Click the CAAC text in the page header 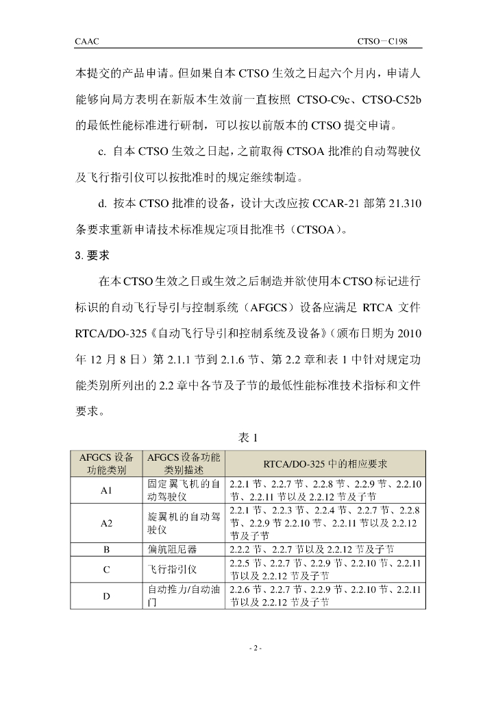(x=87, y=42)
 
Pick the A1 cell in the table (x=106, y=491)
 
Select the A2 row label (x=106, y=523)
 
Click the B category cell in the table (x=106, y=549)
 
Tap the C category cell (x=106, y=569)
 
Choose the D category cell (x=106, y=595)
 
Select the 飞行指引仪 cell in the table (x=173, y=569)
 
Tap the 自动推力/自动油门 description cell (x=184, y=595)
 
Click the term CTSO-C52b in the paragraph (x=391, y=101)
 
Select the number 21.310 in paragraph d (x=398, y=203)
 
